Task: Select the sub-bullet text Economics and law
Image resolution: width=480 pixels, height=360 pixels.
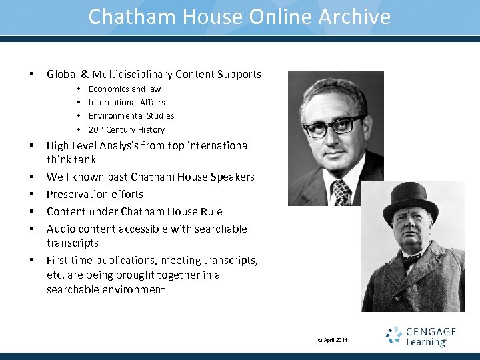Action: pos(125,89)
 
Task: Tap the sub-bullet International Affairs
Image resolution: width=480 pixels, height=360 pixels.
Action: pos(127,102)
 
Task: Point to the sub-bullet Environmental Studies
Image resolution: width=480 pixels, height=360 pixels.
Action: pos(131,115)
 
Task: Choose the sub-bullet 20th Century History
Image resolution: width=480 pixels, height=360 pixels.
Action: pos(127,129)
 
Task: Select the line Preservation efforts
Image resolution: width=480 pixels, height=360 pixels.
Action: pos(95,194)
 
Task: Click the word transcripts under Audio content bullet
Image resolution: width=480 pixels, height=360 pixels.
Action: pos(73,243)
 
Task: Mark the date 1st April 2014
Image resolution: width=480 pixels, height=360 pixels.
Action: pos(331,341)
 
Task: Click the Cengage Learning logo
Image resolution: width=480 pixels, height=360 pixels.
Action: pos(421,336)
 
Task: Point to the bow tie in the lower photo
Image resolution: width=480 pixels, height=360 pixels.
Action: pos(411,259)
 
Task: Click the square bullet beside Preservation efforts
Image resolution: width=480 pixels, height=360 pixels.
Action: pos(31,194)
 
